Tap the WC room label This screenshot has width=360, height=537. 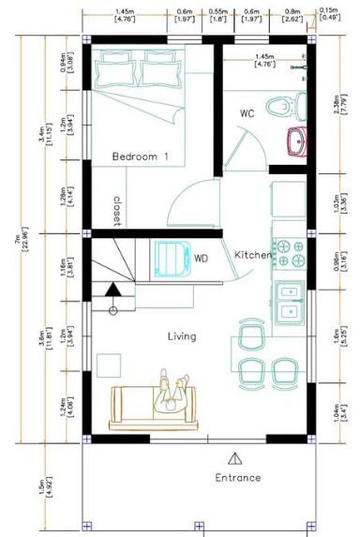[247, 113]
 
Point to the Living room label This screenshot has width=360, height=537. [182, 336]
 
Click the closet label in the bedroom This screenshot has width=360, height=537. [118, 211]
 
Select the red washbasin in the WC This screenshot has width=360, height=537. [297, 142]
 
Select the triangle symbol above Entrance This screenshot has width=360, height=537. [233, 457]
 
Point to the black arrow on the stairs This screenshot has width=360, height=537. [112, 291]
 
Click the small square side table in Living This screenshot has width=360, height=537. [110, 364]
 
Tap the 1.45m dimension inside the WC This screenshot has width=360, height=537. [264, 60]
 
